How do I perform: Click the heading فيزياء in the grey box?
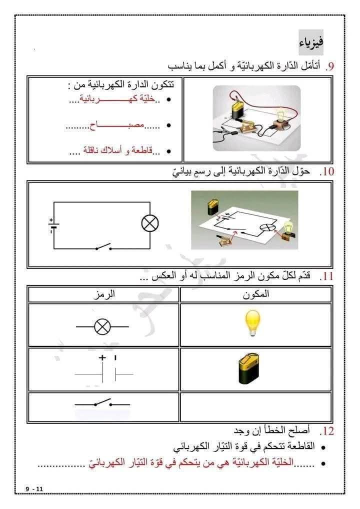(311, 41)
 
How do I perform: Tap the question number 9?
(330, 66)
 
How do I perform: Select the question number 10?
(328, 172)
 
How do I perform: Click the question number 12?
(328, 430)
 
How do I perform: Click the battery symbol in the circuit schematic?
(53, 226)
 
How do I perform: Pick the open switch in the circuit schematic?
(104, 246)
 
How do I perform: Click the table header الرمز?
(104, 294)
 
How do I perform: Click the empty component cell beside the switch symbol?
(255, 406)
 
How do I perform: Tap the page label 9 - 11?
(36, 488)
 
